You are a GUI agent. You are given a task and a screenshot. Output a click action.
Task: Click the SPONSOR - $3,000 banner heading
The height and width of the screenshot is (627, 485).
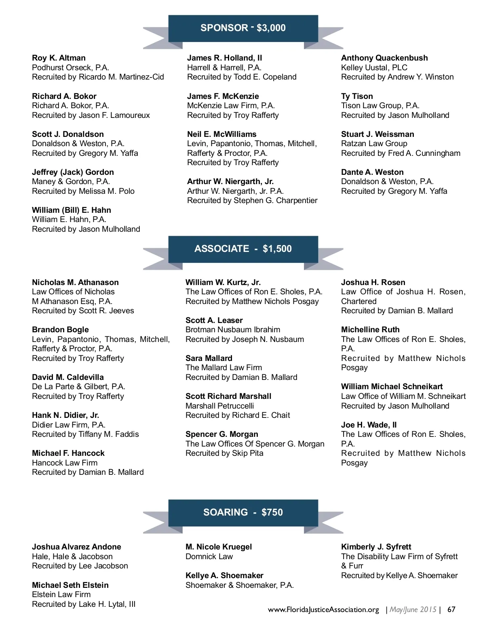point(243,28)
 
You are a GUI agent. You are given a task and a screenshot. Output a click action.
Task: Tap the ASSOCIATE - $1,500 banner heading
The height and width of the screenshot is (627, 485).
point(243,249)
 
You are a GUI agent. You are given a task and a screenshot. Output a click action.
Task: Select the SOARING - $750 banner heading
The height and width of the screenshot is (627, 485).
point(243,512)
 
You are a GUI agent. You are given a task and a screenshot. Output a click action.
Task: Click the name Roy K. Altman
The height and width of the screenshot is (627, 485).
point(59,58)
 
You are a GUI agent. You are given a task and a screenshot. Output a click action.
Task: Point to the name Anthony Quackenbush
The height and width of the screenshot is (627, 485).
point(384,58)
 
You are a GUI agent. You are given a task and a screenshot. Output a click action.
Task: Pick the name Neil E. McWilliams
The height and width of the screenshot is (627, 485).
point(221,134)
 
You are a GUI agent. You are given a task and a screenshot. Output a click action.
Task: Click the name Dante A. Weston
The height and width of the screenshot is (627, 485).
point(372,172)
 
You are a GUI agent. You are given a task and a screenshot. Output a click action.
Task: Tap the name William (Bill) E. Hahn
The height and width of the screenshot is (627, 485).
point(71,210)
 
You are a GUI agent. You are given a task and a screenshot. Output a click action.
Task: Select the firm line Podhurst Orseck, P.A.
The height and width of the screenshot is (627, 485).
point(70,67)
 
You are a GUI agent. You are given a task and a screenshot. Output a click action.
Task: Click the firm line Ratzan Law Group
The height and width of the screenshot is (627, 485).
point(374,143)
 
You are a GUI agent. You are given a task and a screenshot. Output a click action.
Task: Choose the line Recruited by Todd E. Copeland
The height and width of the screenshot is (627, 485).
point(242,77)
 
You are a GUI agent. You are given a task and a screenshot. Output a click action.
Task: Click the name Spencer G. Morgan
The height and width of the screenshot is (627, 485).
point(221,434)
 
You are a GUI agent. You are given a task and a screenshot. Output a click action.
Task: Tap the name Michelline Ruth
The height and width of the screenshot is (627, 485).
point(370,329)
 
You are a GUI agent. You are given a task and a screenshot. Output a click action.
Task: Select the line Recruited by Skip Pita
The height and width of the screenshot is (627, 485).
point(224,453)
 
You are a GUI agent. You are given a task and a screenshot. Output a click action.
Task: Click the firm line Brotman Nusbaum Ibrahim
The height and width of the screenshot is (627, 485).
point(233,329)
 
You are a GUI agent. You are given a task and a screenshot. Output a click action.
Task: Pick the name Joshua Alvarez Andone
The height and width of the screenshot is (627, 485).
point(76,547)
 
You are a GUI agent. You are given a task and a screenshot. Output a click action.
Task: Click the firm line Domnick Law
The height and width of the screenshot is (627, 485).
point(209,556)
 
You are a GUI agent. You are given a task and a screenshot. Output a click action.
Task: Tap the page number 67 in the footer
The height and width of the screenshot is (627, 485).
point(451,609)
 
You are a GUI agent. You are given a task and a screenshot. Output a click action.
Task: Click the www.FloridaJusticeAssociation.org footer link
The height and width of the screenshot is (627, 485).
point(323,609)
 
